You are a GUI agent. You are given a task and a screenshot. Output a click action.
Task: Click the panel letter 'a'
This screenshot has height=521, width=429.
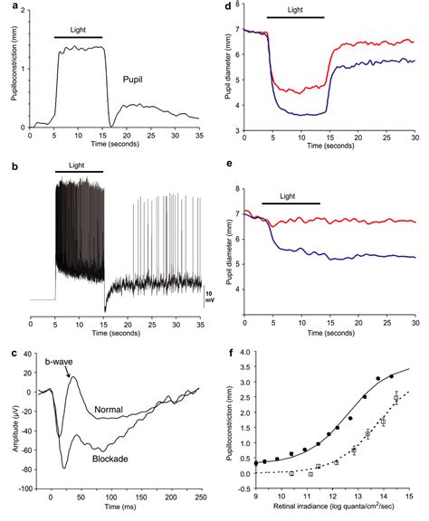tap(14, 6)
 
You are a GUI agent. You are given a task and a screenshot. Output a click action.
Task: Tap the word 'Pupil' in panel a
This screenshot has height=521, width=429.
tap(133, 80)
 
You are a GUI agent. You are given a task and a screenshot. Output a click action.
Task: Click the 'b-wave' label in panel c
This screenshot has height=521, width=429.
tap(59, 362)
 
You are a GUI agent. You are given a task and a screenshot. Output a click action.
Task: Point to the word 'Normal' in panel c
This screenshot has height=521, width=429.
tap(109, 410)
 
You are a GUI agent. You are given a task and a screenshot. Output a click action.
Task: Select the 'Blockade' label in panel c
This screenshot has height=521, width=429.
tap(110, 459)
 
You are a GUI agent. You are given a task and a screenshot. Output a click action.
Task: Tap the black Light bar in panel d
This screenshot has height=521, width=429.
tap(296, 17)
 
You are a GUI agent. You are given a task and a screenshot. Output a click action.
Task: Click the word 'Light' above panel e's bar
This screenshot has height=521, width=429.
tap(288, 196)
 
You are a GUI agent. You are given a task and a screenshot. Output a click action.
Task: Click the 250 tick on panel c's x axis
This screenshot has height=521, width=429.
tap(201, 497)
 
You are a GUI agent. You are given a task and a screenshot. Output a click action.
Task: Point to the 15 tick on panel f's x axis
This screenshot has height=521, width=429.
tap(409, 496)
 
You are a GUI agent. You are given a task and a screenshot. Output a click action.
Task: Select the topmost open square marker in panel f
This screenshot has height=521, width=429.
tap(396, 398)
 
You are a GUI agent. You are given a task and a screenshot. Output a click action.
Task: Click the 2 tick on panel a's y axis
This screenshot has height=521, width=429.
tap(23, 11)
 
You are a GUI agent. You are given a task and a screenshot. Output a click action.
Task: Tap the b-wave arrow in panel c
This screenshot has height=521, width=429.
tap(68, 373)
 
